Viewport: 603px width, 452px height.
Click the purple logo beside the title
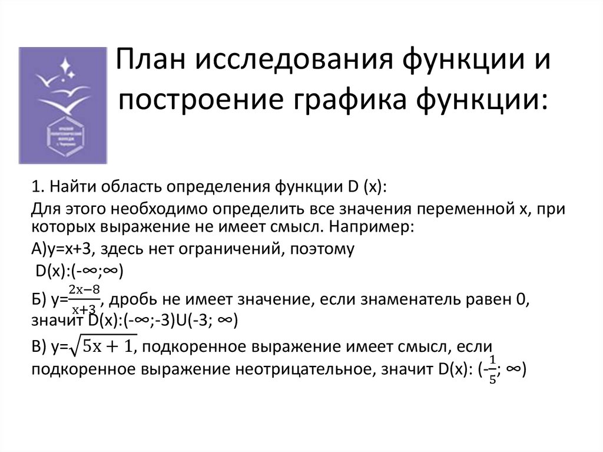click(63, 104)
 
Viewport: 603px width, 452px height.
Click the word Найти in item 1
click(69, 187)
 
